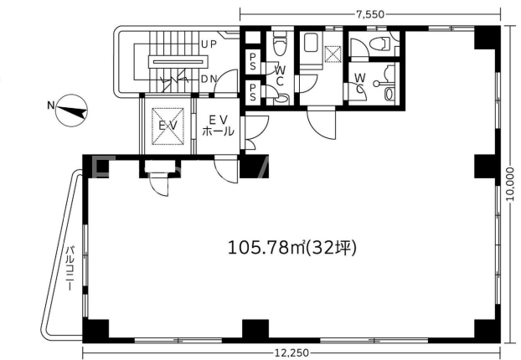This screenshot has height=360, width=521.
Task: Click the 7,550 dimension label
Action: click(x=370, y=14)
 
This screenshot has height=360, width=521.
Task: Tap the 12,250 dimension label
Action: click(x=292, y=352)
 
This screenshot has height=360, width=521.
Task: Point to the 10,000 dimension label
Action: click(x=511, y=184)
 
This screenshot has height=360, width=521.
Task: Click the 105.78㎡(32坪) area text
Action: click(x=292, y=248)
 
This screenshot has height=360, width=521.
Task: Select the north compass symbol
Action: click(x=71, y=111)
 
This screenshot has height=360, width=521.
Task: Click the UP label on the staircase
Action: click(x=209, y=44)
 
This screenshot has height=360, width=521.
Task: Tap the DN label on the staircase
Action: click(x=209, y=79)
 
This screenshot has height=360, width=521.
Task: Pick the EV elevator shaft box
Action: click(x=168, y=126)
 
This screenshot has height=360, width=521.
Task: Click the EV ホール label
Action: click(x=218, y=126)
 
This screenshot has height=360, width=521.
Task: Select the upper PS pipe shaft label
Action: click(x=252, y=61)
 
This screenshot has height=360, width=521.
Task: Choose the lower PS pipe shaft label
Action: click(x=252, y=92)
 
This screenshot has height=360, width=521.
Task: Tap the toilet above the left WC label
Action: click(x=279, y=43)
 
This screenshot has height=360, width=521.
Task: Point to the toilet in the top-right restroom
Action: click(x=379, y=44)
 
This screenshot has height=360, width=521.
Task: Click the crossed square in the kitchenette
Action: click(x=333, y=54)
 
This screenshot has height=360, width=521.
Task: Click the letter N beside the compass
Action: click(x=50, y=105)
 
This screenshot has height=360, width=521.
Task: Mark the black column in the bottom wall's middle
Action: click(x=255, y=329)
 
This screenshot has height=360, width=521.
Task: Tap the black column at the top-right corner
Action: click(x=487, y=37)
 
